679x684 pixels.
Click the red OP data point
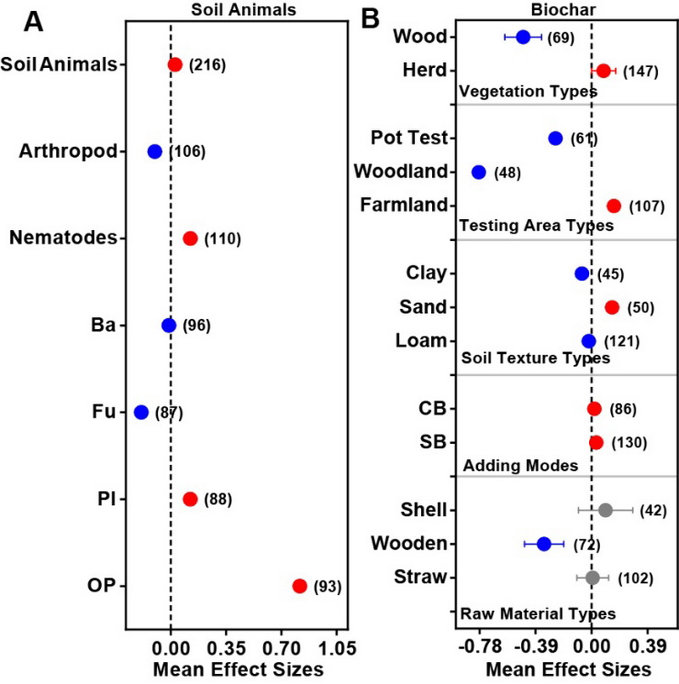(x=300, y=586)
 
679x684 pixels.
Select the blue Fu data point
(x=141, y=412)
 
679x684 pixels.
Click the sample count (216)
(x=207, y=64)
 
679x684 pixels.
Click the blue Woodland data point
(x=479, y=172)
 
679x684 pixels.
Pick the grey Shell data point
(x=605, y=510)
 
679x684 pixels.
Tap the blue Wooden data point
(x=544, y=544)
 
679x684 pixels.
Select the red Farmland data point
(x=614, y=206)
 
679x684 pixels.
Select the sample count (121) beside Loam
(x=621, y=341)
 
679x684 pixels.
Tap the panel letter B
(x=369, y=19)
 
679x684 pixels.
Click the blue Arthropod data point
(x=154, y=152)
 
